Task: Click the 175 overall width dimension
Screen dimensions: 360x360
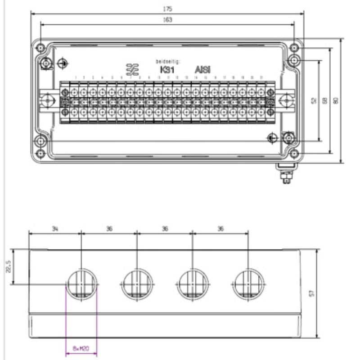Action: (168, 9)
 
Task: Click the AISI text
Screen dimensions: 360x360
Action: (202, 70)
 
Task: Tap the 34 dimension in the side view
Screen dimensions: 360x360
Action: (55, 229)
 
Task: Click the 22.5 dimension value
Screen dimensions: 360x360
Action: (9, 267)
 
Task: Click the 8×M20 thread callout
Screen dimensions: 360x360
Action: (81, 348)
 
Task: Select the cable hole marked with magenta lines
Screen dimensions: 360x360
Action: (81, 284)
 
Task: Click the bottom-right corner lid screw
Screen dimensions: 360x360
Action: (294, 153)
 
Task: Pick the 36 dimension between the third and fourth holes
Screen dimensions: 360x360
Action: (220, 229)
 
